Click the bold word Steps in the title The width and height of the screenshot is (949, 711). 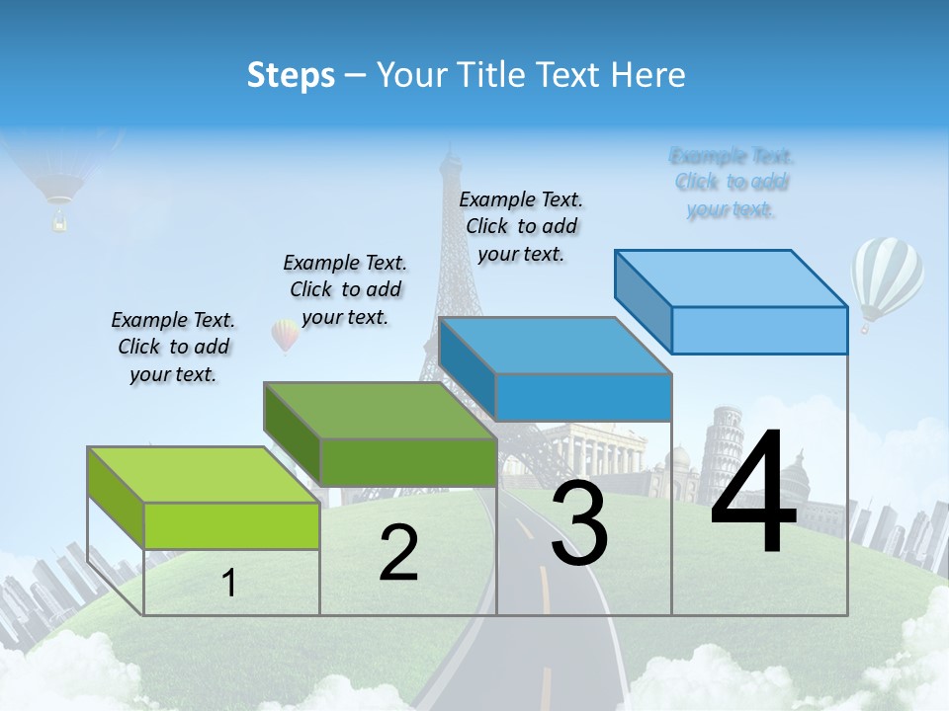[291, 75]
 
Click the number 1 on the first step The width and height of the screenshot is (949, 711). [229, 583]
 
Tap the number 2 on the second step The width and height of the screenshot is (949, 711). [398, 553]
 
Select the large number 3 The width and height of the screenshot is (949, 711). [579, 523]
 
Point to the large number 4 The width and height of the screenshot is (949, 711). [753, 494]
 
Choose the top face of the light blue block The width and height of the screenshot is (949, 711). [731, 277]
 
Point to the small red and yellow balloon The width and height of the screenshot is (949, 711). [285, 335]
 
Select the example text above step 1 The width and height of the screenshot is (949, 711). [173, 347]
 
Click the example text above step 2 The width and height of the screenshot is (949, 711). [345, 289]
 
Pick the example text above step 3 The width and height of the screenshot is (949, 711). [521, 226]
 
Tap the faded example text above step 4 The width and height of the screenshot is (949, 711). [732, 182]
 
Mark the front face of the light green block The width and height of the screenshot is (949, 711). [231, 525]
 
